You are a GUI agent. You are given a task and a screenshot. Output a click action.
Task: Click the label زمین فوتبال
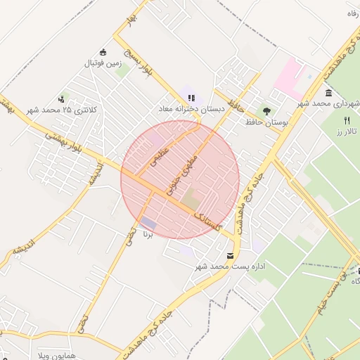pyautogui.click(x=104, y=64)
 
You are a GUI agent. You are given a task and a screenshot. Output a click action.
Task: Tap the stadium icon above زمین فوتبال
pyautogui.click(x=104, y=52)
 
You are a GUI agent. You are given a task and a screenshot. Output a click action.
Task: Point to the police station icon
pyautogui.click(x=63, y=99)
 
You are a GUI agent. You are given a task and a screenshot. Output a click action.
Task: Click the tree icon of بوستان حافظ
pyautogui.click(x=266, y=110)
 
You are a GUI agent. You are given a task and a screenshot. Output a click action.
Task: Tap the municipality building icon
pyautogui.click(x=328, y=93)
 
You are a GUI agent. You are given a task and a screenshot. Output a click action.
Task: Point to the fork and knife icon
pyautogui.click(x=347, y=121)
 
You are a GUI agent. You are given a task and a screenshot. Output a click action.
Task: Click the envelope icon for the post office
pyautogui.click(x=231, y=255)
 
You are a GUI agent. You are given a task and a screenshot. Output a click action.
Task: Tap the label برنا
pyautogui.click(x=148, y=233)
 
